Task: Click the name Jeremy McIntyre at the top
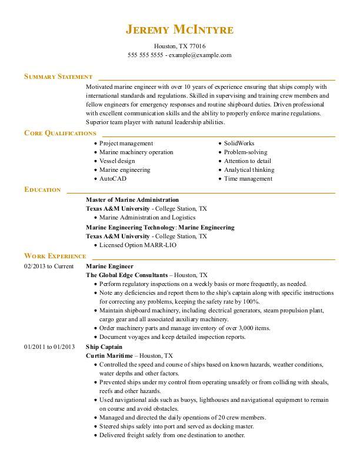point(179,29)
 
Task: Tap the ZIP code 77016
point(197,46)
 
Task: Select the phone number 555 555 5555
point(145,55)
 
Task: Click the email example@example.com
point(200,55)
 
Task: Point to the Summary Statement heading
point(58,76)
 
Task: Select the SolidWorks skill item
point(239,143)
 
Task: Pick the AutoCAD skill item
point(113,178)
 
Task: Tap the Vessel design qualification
point(117,161)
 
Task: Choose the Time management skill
point(248,178)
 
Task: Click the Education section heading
point(42,189)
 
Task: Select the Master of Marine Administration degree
point(132,199)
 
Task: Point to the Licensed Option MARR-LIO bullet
point(138,245)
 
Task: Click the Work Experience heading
point(55,256)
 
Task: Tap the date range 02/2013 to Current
point(49,266)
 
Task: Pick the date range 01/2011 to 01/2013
point(49,347)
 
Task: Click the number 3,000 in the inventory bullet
point(236,328)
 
